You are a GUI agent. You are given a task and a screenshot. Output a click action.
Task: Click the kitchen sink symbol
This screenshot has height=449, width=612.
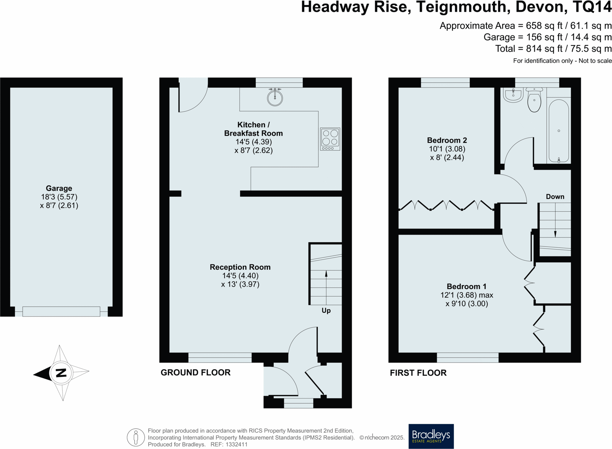275,98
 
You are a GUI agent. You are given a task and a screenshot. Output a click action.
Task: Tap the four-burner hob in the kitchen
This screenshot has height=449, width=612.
330,139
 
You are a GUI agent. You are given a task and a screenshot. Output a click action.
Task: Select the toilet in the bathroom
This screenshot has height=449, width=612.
534,100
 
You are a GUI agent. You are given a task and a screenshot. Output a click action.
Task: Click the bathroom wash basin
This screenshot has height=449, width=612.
513,95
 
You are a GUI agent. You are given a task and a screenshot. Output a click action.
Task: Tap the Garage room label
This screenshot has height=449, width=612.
59,188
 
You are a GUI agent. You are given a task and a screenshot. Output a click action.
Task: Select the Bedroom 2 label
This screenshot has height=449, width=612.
447,140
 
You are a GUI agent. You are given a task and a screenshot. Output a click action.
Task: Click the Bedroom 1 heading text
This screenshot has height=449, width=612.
466,286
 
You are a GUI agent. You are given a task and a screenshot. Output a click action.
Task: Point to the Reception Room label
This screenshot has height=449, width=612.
240,267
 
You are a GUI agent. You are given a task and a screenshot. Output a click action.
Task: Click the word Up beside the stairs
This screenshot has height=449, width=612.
326,311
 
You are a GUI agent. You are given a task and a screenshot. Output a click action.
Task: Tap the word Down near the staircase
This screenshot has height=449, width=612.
555,197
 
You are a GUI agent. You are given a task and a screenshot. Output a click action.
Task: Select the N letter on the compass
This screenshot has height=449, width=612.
61,373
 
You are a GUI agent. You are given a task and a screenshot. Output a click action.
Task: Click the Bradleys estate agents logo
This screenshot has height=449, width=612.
431,436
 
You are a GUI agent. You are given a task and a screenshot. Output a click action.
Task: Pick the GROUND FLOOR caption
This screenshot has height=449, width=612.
195,373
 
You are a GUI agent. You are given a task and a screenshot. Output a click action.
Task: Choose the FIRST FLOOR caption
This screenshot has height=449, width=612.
418,373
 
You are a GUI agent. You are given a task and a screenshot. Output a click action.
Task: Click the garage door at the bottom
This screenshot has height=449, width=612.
61,311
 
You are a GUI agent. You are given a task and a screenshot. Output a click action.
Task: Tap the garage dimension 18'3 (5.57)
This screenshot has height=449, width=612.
59,197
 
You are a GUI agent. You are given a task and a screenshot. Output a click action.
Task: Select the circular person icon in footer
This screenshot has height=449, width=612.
136,437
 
